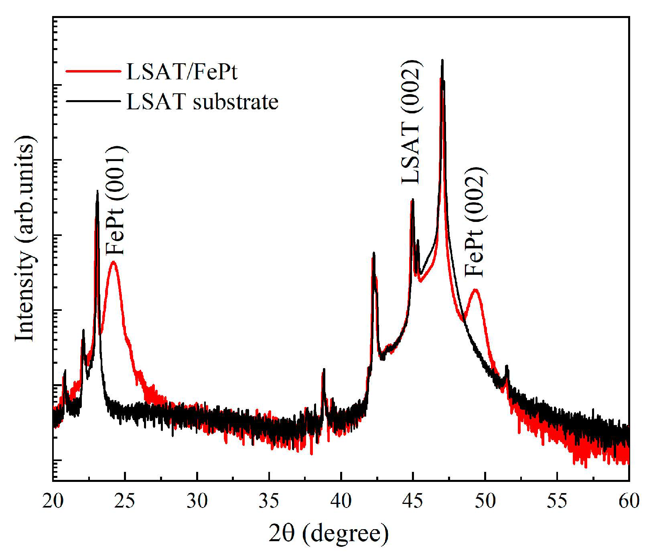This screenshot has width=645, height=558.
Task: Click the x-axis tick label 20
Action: point(53,500)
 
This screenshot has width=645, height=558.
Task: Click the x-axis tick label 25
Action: point(125,500)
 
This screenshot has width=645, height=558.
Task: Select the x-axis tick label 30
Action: point(197,500)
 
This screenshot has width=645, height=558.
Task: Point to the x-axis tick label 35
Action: point(269,500)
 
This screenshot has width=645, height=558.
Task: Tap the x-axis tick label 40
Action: point(341,500)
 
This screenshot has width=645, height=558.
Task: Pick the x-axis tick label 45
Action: point(413,500)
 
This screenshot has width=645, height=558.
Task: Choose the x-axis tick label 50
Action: point(485,500)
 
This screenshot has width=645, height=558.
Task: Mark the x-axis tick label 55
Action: point(557,500)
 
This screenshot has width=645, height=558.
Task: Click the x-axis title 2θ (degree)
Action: point(329,534)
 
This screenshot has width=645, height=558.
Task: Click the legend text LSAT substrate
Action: point(202,101)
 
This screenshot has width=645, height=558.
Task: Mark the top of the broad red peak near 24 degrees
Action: point(114,262)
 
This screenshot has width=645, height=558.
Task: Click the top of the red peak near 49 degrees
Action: point(476,290)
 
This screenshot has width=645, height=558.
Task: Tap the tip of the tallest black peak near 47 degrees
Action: point(442,60)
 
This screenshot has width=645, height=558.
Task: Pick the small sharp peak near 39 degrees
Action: point(323,369)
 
